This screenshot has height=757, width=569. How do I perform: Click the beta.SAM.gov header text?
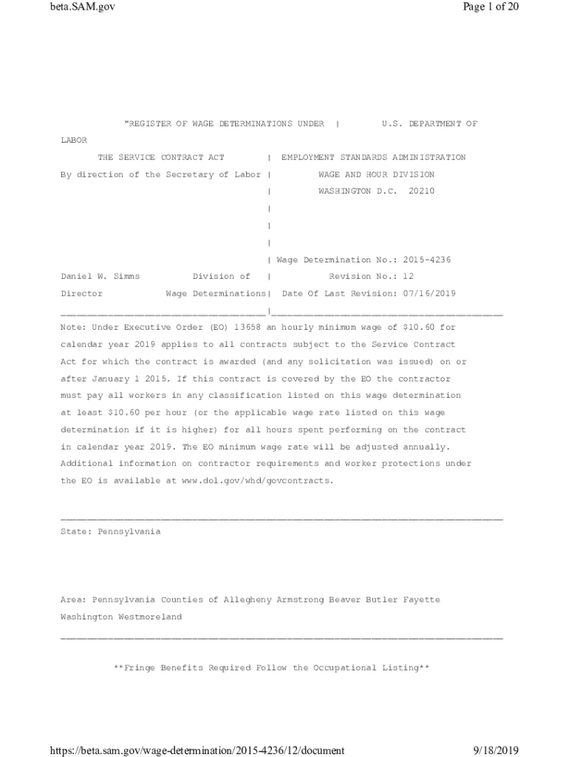coord(84,7)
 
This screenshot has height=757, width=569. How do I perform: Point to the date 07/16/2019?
coord(429,293)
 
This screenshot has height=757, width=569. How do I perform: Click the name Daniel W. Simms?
coord(100,276)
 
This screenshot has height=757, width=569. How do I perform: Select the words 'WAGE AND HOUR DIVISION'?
coord(376,174)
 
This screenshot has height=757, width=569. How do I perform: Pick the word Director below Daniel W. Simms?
coord(79,293)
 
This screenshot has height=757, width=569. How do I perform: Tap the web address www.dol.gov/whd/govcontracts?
coord(251,481)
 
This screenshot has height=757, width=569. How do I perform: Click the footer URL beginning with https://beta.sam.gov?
coord(197,751)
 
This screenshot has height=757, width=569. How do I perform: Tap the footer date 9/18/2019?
coord(496,751)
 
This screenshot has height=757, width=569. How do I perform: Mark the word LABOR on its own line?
coord(74,140)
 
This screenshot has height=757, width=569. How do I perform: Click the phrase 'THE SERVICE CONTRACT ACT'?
coord(161,157)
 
